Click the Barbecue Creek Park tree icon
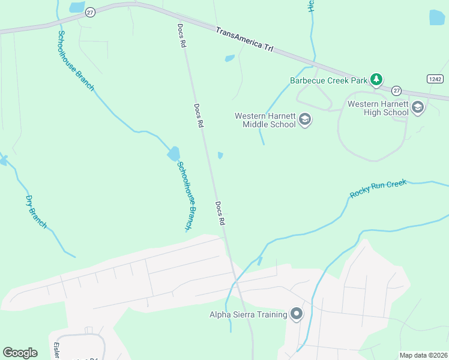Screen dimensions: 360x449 (x=376, y=79)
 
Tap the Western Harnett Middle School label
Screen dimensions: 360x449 (x=265, y=120)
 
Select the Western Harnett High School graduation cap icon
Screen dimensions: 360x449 (x=418, y=108)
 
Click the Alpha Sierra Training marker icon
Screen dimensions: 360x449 (x=296, y=314)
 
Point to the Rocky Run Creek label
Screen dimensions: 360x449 (x=378, y=188)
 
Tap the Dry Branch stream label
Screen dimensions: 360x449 (x=36, y=212)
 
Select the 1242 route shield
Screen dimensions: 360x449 (x=435, y=79)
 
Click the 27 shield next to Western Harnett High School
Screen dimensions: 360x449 (x=396, y=91)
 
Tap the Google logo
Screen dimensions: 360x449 (x=20, y=352)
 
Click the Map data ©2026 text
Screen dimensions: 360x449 (x=423, y=355)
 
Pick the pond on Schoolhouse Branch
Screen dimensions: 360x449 (x=173, y=154)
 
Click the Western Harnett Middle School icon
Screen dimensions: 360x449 (x=305, y=120)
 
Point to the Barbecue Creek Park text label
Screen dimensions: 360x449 (x=328, y=80)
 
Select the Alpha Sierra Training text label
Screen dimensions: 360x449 (x=248, y=314)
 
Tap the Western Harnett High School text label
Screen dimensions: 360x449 (x=378, y=108)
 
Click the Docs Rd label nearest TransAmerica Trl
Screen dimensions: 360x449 (x=181, y=36)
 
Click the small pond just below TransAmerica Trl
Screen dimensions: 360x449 (x=229, y=59)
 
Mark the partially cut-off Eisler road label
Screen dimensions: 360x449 (x=56, y=350)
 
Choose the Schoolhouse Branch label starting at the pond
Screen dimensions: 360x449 (x=185, y=195)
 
